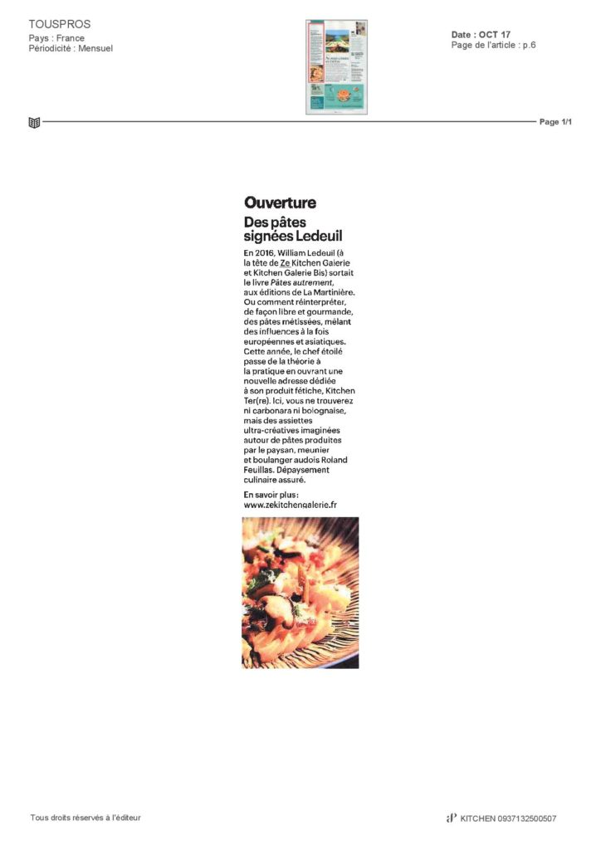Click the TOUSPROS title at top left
click(x=59, y=24)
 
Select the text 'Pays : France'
click(x=56, y=38)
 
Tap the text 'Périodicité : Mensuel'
click(x=71, y=48)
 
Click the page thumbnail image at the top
click(x=336, y=67)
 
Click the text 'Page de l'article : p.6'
click(x=493, y=45)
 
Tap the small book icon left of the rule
click(x=34, y=123)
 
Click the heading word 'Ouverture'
click(x=280, y=203)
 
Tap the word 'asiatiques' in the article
click(x=317, y=341)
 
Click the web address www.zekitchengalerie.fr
click(x=290, y=504)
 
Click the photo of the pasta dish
click(x=300, y=592)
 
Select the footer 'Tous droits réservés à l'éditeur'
click(x=86, y=818)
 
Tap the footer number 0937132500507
click(x=527, y=818)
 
